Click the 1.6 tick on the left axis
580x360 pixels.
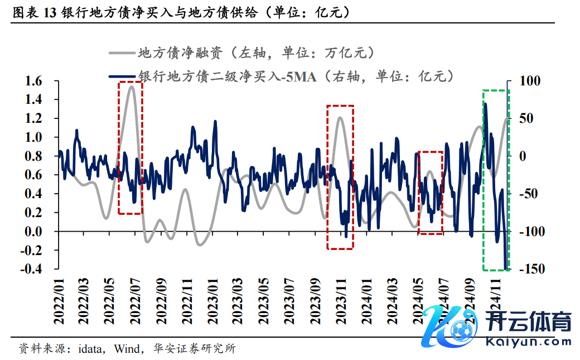click(x=34, y=81)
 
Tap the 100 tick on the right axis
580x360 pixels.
click(x=530, y=81)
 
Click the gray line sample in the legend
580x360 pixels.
click(x=122, y=54)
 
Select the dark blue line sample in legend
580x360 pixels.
click(x=122, y=76)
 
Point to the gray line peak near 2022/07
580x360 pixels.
click(x=132, y=87)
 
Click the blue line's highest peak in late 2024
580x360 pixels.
click(x=486, y=104)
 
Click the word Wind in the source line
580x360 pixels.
click(x=127, y=349)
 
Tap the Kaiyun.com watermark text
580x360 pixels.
click(x=528, y=341)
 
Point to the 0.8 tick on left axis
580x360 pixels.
click(x=34, y=156)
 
